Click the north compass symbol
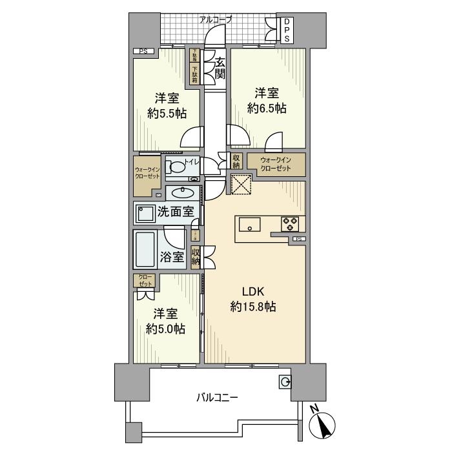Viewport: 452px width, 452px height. tap(324, 426)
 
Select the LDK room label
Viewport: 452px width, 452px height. tap(252, 291)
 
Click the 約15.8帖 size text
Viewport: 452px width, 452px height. tap(252, 307)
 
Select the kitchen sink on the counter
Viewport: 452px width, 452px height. tap(249, 224)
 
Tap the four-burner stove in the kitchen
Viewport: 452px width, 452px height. tap(289, 224)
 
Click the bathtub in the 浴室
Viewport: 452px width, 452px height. tap(146, 250)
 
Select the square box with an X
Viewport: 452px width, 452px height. tap(240, 183)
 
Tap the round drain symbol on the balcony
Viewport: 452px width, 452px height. tap(285, 382)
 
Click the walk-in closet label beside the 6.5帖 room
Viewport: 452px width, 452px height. tap(276, 164)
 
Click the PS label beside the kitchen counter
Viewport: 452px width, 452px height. tap(298, 240)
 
